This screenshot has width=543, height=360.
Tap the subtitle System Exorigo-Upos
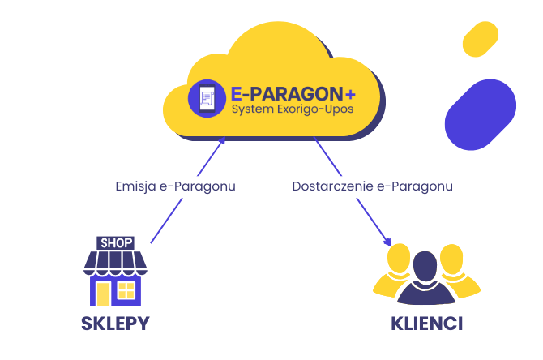coord(293,109)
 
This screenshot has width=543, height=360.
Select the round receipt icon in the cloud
coord(206,97)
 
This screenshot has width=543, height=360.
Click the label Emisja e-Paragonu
coord(176,186)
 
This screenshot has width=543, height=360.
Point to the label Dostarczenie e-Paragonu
coord(372,186)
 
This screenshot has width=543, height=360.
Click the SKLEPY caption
coord(115,324)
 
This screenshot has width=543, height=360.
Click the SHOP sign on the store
coord(115,242)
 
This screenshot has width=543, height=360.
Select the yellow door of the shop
coord(104,293)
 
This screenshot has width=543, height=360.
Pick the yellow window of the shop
coord(126,289)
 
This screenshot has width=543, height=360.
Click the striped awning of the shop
coord(115,261)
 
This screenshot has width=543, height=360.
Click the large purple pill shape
coord(480,114)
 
